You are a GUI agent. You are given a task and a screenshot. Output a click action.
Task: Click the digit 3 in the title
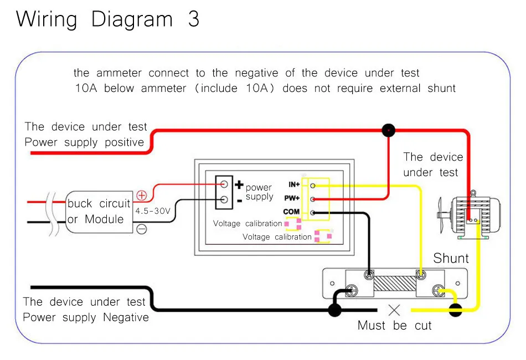click(x=194, y=19)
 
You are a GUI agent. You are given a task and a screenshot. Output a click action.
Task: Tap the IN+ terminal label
click(x=294, y=184)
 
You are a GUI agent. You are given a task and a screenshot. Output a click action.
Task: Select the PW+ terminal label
click(x=292, y=198)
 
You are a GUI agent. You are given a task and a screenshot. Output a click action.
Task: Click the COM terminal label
click(x=291, y=212)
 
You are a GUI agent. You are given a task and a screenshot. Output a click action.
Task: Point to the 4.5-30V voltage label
click(x=153, y=211)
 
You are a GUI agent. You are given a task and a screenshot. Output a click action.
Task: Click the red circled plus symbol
click(x=142, y=196)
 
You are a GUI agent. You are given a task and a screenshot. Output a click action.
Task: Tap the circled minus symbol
click(x=142, y=229)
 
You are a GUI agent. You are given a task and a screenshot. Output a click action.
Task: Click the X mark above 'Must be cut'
click(x=394, y=310)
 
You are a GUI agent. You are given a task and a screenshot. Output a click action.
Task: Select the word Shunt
click(x=451, y=258)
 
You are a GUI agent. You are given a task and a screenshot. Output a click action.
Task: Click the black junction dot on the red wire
click(x=389, y=130)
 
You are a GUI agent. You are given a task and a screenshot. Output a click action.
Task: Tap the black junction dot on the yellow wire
click(x=455, y=310)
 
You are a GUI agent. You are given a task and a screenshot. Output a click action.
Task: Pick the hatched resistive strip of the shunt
click(x=395, y=284)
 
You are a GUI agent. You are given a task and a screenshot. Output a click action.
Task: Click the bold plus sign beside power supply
click(x=239, y=184)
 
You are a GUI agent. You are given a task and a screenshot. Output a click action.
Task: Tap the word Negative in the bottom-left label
click(x=126, y=317)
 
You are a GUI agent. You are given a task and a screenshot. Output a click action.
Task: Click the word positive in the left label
click(x=124, y=142)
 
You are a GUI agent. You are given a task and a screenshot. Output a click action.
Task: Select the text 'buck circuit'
click(x=99, y=203)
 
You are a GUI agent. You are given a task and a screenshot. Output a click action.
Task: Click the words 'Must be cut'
click(x=394, y=326)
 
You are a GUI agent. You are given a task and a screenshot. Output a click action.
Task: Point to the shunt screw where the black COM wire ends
click(x=369, y=275)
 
